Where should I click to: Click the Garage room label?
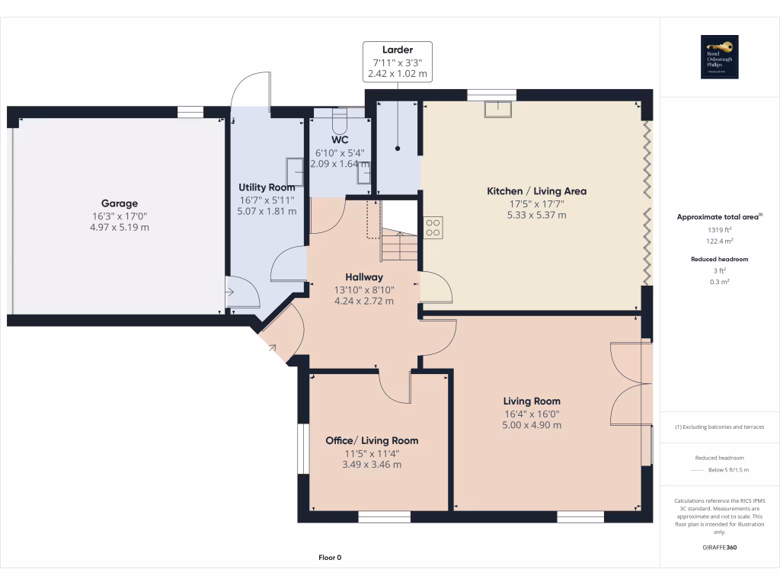point(120,203)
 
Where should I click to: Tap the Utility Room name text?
point(267,187)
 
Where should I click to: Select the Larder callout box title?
point(397,50)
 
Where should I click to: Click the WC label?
point(340,140)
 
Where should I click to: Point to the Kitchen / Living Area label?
point(536,191)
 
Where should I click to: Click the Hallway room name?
point(363,277)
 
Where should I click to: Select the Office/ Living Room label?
point(372,440)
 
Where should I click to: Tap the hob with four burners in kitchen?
point(433,227)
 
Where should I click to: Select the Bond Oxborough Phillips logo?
point(720,57)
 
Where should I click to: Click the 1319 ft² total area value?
point(720,229)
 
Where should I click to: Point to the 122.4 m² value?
point(720,241)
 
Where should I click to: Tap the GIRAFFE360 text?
point(720,548)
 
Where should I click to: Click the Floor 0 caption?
point(330,558)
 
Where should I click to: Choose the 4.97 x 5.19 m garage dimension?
point(120,227)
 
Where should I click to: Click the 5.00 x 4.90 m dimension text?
point(531,425)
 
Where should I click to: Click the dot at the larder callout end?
point(398,149)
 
